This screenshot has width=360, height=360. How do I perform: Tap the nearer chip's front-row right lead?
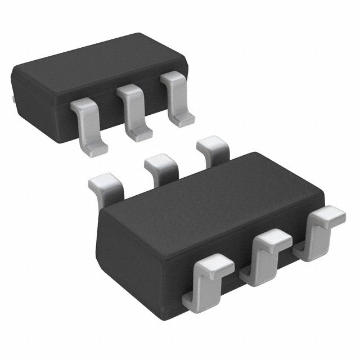coord(321,233)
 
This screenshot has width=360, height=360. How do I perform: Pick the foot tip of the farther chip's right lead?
coord(181,118)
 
